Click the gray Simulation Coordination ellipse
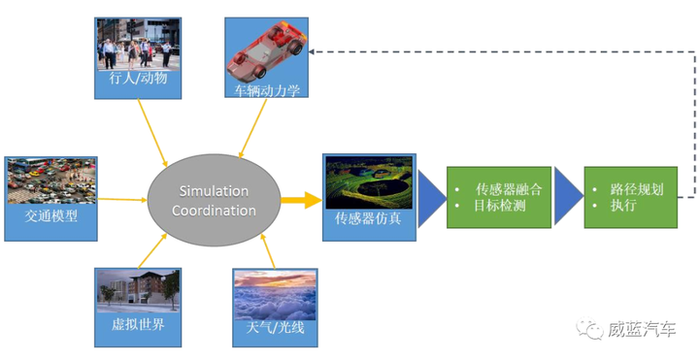click(x=213, y=200)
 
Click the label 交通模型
click(x=50, y=218)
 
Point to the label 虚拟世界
click(x=137, y=324)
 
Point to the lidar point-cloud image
click(x=368, y=182)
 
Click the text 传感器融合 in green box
click(x=507, y=189)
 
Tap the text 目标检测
click(x=500, y=207)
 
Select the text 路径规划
click(x=637, y=189)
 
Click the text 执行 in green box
click(x=623, y=207)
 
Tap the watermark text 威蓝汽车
click(x=641, y=330)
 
